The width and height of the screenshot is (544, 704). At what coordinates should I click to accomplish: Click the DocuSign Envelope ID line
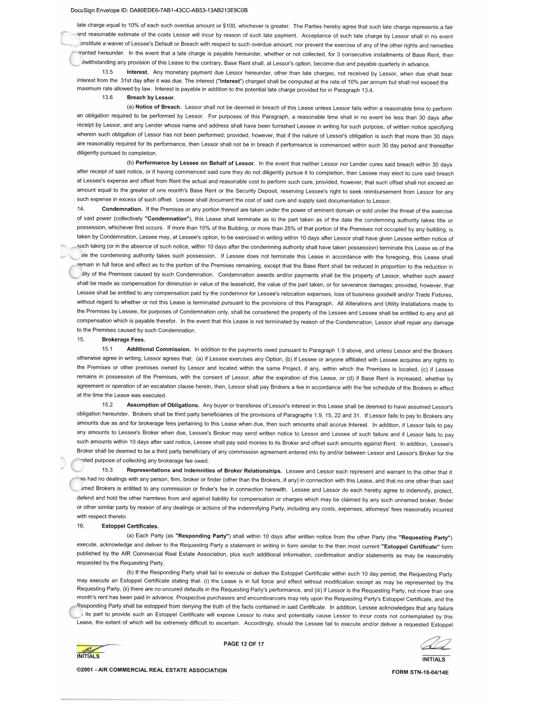(x=159, y=10)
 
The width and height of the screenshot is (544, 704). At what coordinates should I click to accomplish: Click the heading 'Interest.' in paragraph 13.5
(x=137, y=72)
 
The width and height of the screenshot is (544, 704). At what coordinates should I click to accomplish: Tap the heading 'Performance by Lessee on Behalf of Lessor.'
(x=195, y=163)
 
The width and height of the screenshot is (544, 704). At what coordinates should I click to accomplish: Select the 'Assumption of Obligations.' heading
(x=163, y=405)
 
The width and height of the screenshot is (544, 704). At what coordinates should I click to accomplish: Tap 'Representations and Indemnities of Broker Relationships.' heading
(x=204, y=471)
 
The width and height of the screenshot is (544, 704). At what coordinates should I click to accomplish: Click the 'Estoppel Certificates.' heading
(x=130, y=526)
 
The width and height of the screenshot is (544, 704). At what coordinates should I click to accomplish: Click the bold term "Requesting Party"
(x=425, y=537)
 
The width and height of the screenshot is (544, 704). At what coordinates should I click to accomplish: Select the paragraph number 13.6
(x=107, y=97)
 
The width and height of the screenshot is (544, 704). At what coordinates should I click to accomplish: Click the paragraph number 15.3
(x=107, y=470)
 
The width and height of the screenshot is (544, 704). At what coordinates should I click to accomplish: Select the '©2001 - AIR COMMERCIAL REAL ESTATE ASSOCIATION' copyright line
(x=151, y=670)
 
